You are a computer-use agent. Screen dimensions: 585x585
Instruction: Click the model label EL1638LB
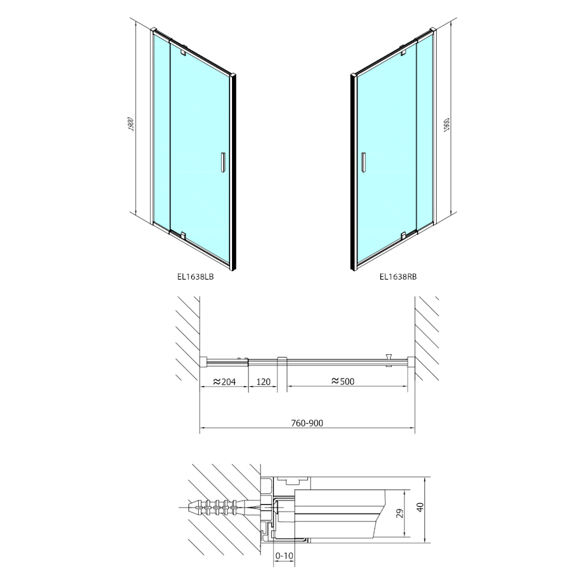click(195, 277)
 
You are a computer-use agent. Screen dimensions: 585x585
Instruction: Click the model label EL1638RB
click(398, 277)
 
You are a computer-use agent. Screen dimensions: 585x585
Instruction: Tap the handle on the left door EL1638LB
click(223, 162)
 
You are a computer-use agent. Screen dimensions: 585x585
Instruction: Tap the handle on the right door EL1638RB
click(362, 162)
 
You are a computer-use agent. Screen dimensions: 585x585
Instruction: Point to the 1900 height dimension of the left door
click(131, 124)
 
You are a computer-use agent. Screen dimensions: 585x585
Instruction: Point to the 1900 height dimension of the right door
click(447, 124)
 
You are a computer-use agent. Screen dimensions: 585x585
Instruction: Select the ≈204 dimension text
click(224, 382)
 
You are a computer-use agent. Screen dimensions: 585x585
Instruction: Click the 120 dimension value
click(263, 382)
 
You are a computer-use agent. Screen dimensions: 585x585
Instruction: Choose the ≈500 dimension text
click(343, 382)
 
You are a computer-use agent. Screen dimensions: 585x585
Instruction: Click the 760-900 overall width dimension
click(307, 423)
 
